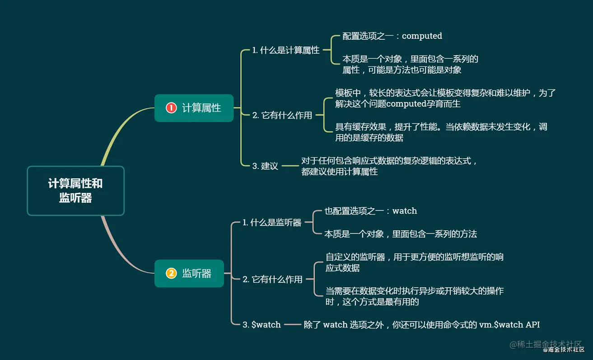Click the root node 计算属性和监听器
pyautogui.click(x=75, y=191)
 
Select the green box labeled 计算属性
pyautogui.click(x=194, y=108)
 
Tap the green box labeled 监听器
pyautogui.click(x=189, y=273)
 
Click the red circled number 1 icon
pyautogui.click(x=171, y=108)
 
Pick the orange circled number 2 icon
pyautogui.click(x=171, y=273)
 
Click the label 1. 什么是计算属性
pyautogui.click(x=286, y=50)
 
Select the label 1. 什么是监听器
pyautogui.click(x=272, y=222)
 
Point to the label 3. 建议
pyautogui.click(x=265, y=166)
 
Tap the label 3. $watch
pyautogui.click(x=261, y=324)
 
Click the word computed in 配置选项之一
pyautogui.click(x=422, y=36)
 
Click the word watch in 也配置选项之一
pyautogui.click(x=405, y=211)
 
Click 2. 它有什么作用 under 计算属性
pyautogui.click(x=282, y=115)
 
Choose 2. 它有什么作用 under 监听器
pyautogui.click(x=272, y=279)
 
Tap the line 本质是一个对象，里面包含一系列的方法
pyautogui.click(x=401, y=234)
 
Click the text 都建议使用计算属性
pyautogui.click(x=339, y=172)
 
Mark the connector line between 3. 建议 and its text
pyautogui.click(x=290, y=166)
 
